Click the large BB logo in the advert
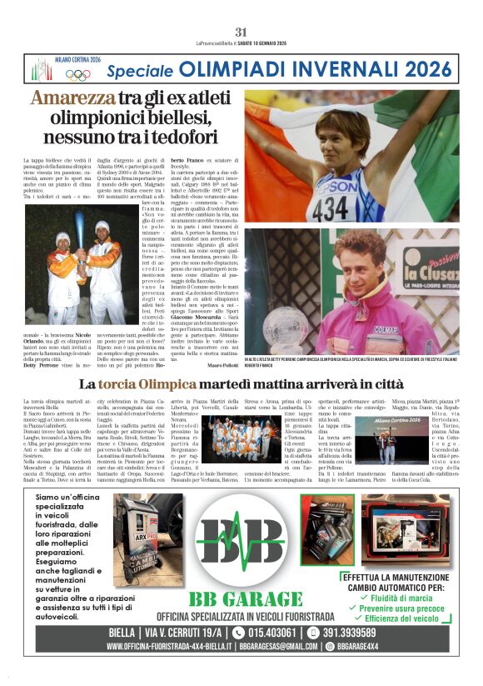[x=241, y=543]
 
